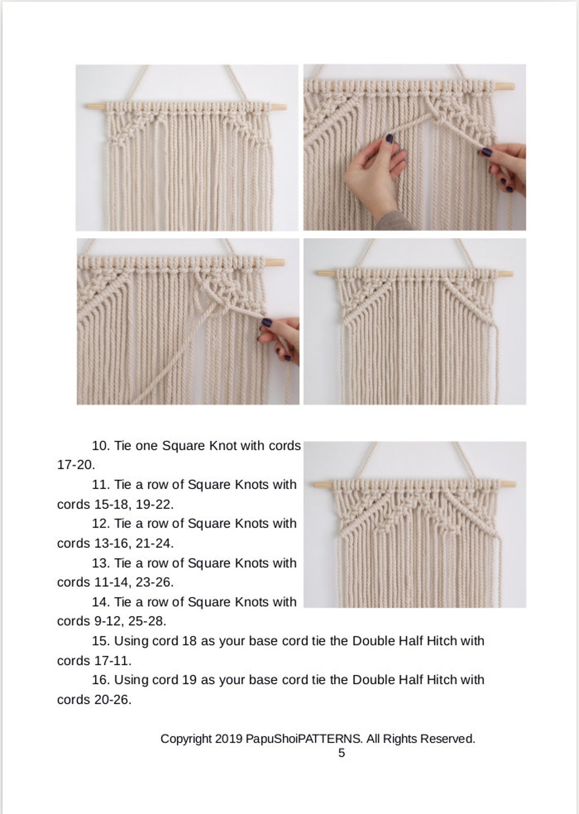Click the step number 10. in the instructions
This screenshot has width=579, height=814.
pyautogui.click(x=101, y=446)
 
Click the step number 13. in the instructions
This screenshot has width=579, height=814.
pyautogui.click(x=101, y=563)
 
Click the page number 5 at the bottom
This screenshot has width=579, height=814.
pyautogui.click(x=341, y=753)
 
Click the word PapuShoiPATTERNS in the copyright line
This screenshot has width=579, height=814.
pyautogui.click(x=304, y=739)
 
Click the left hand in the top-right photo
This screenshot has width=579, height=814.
pyautogui.click(x=373, y=170)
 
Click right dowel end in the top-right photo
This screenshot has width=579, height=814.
pyautogui.click(x=508, y=86)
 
